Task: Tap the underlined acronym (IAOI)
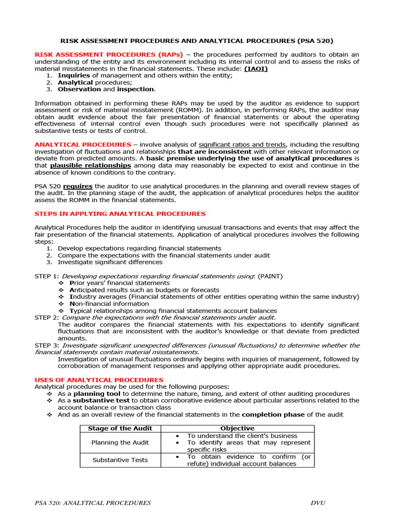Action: click(x=255, y=69)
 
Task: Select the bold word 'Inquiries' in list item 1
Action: click(x=73, y=76)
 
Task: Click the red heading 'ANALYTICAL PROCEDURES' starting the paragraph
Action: click(x=83, y=145)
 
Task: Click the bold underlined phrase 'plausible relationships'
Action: click(x=90, y=166)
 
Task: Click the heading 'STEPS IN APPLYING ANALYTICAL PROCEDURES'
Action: click(x=120, y=214)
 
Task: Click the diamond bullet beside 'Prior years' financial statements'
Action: click(x=62, y=283)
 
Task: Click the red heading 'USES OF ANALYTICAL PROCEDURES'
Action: click(x=99, y=380)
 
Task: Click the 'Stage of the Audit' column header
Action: click(x=120, y=428)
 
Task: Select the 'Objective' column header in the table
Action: click(x=237, y=428)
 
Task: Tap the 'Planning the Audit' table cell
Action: click(x=120, y=442)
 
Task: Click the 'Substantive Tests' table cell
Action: click(x=120, y=460)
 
